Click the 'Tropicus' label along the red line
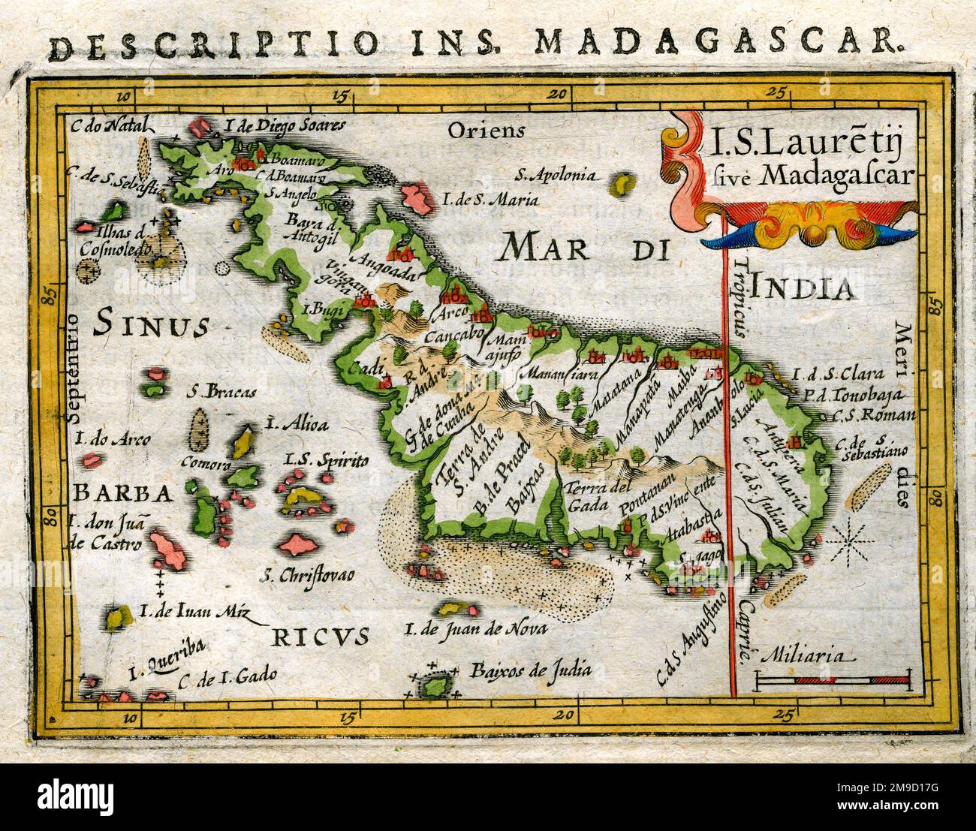coord(743,300)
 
